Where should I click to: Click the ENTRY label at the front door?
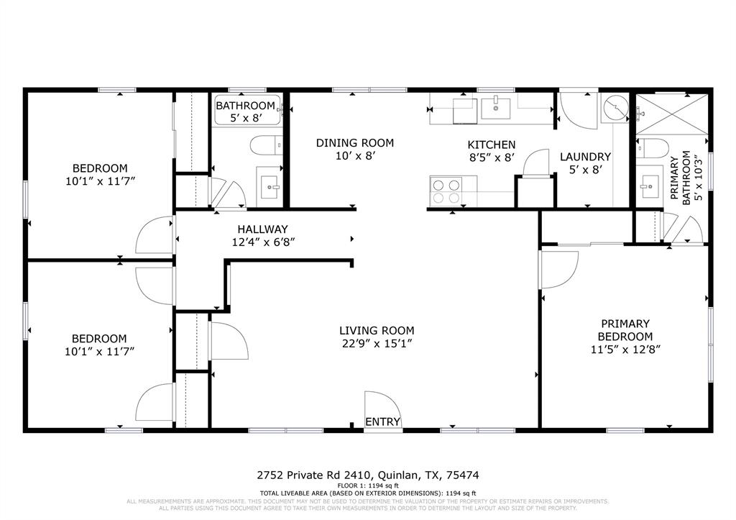[382, 421]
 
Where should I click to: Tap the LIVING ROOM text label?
[377, 331]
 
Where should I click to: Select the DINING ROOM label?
[354, 143]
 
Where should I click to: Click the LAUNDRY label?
[585, 157]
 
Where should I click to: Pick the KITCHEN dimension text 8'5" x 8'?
[491, 158]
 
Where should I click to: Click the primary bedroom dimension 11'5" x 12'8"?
[625, 350]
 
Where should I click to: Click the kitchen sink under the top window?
[495, 109]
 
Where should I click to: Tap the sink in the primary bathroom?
[650, 184]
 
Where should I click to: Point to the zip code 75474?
[463, 475]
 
